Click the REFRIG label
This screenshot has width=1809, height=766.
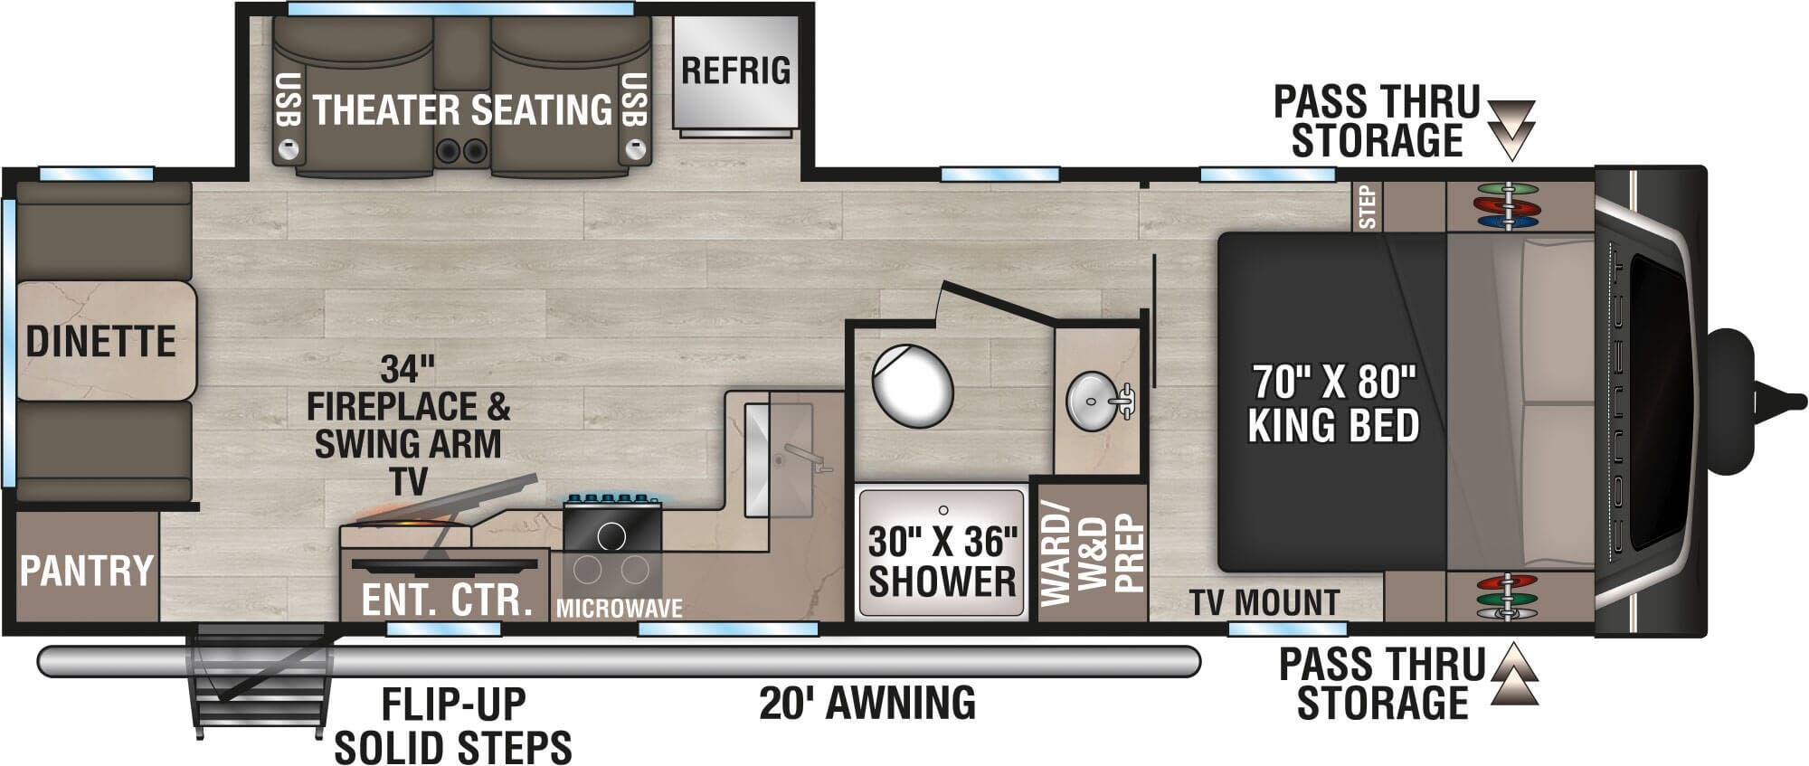pyautogui.click(x=735, y=71)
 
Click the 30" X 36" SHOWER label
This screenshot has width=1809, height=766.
pyautogui.click(x=942, y=562)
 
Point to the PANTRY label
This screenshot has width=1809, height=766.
pyautogui.click(x=87, y=571)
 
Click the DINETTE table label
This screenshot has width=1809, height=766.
pyautogui.click(x=100, y=342)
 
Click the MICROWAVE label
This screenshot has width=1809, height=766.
pyautogui.click(x=619, y=609)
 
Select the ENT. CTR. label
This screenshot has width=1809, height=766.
pyautogui.click(x=447, y=600)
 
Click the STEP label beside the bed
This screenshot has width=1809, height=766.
pyautogui.click(x=1368, y=207)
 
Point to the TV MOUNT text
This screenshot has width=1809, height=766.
pyautogui.click(x=1264, y=602)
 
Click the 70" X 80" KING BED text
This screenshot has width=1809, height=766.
pyautogui.click(x=1333, y=404)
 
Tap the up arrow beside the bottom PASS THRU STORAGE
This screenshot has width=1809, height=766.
pyautogui.click(x=1514, y=676)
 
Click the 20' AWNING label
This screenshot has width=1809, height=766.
pyautogui.click(x=867, y=703)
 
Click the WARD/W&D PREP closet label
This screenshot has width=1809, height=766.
pyautogui.click(x=1092, y=553)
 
